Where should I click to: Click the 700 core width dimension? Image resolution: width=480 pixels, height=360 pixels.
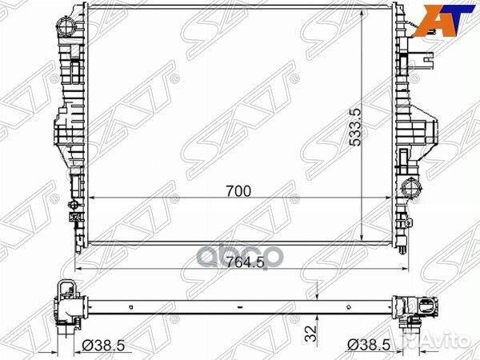pos(238,191)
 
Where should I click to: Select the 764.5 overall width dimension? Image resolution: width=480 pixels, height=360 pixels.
pos(246,262)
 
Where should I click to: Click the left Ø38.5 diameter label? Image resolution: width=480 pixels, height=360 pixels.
pos(103,346)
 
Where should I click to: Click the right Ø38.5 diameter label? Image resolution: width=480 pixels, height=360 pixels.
pos(369,346)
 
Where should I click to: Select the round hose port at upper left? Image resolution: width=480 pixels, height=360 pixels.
pos(66,26)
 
